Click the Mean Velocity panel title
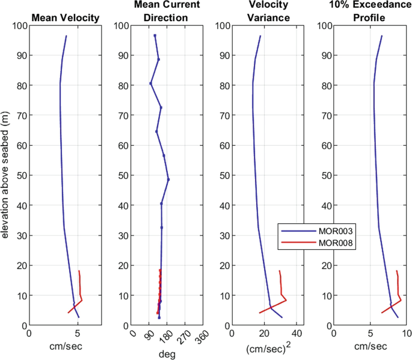(x=65, y=17)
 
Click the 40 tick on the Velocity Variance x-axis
(x=297, y=333)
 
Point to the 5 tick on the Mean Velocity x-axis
(x=78, y=333)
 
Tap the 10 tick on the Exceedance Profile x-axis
(x=405, y=333)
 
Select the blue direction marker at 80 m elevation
(x=150, y=83)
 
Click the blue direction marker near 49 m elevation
(x=168, y=179)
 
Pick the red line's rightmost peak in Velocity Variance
(x=286, y=300)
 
